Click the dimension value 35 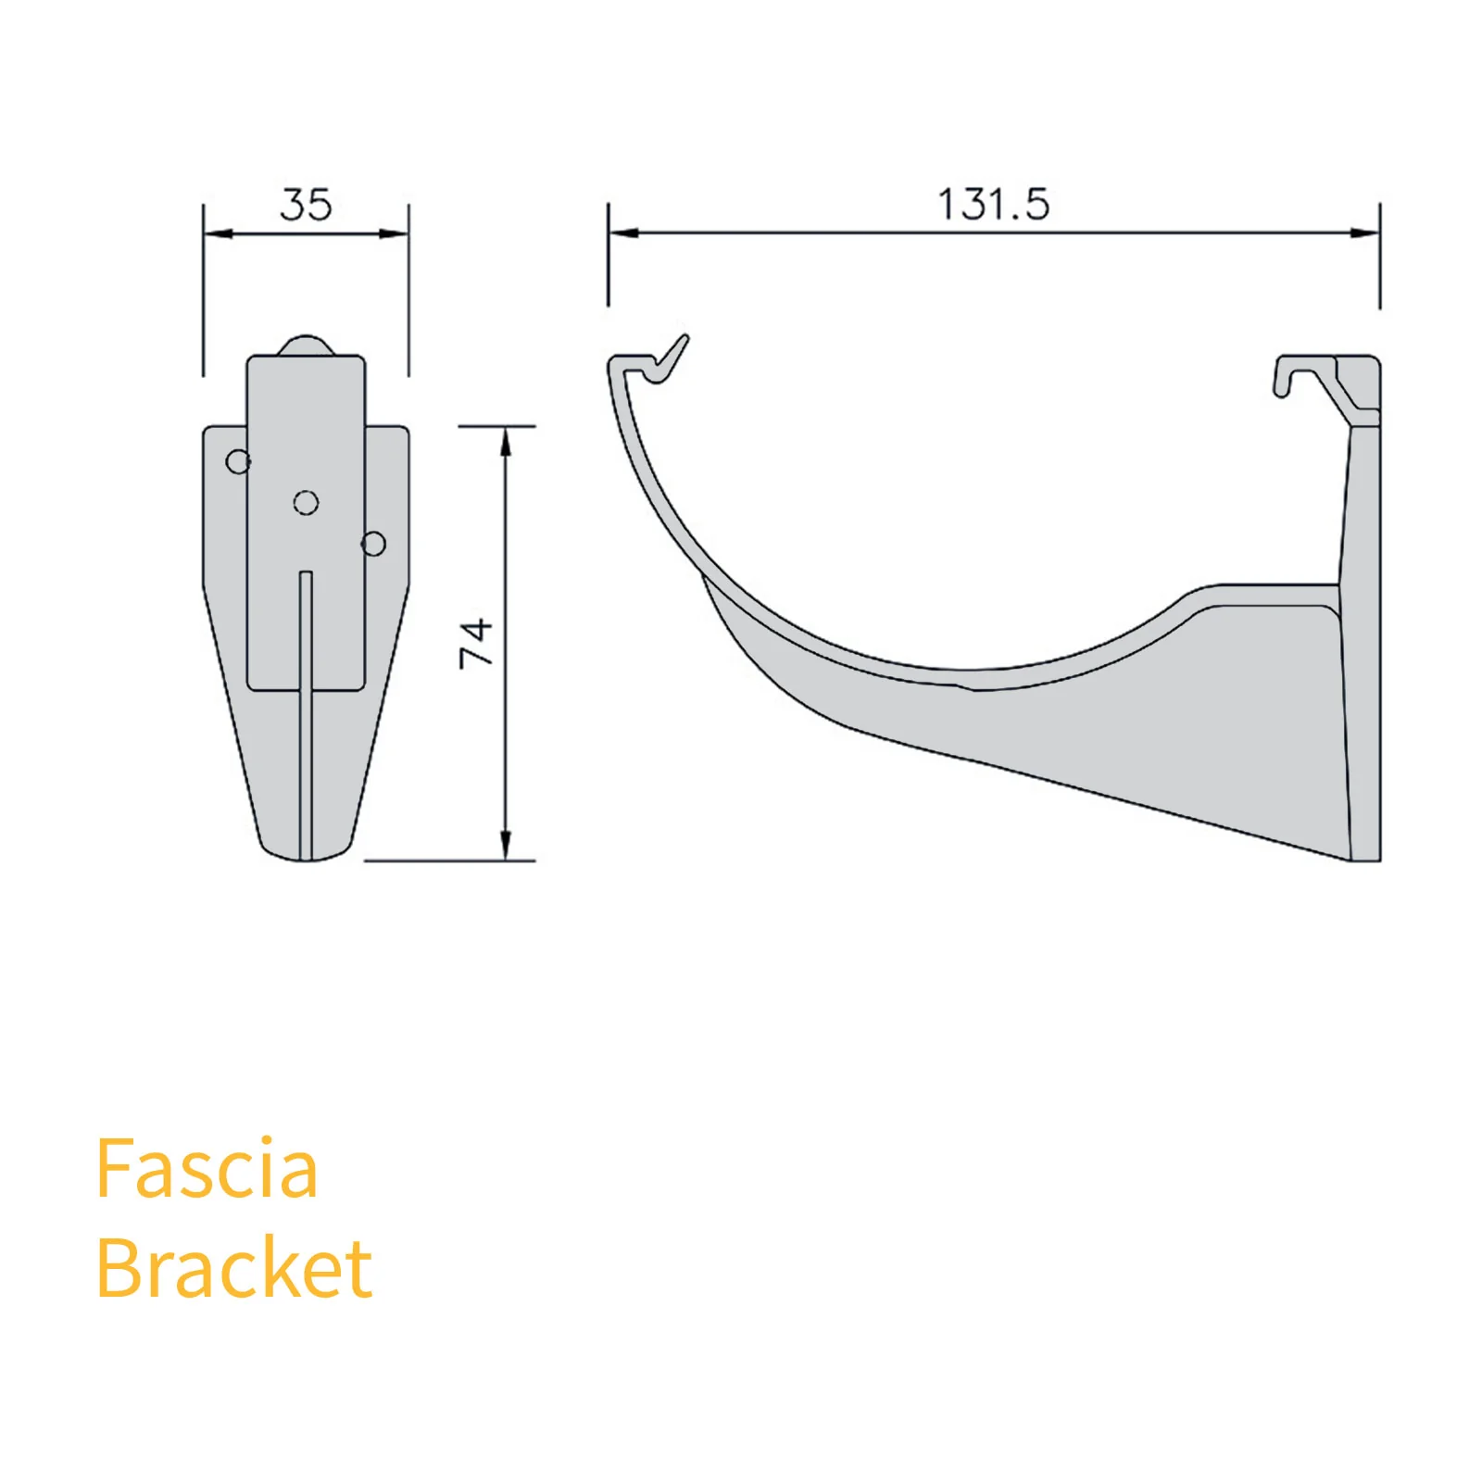[x=306, y=205]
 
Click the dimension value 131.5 [x=993, y=205]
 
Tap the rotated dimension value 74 [x=476, y=642]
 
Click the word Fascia [x=207, y=1169]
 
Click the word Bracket [x=233, y=1268]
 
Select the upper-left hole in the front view [x=238, y=461]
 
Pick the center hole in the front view [x=306, y=502]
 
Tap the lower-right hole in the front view [x=373, y=543]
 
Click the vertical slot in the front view [x=306, y=713]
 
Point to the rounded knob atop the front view [x=306, y=345]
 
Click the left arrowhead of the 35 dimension [x=215, y=233]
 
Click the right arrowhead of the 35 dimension [x=396, y=233]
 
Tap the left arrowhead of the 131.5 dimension [x=622, y=232]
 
